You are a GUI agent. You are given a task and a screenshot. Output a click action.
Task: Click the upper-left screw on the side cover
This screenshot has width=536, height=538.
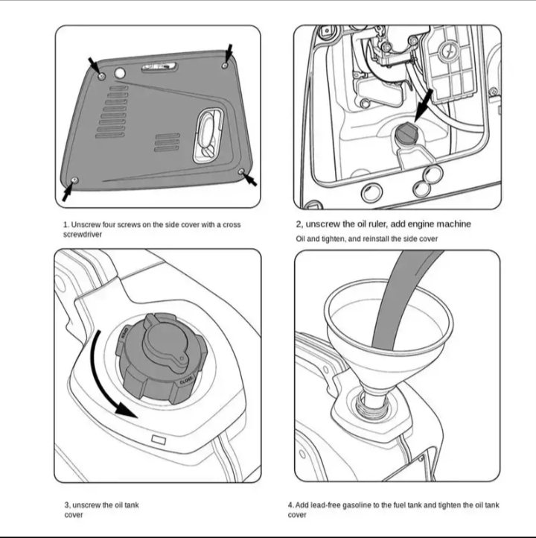pos(100,75)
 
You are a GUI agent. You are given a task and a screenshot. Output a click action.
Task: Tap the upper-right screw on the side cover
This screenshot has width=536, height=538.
pos(225,66)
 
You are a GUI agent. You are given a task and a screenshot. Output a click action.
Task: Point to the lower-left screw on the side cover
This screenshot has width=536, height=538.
pos(75,180)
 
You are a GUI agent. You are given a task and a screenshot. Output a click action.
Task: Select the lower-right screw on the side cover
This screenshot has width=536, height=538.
pos(240,172)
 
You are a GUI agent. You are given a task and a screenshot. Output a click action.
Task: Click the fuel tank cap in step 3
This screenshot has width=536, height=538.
pos(159,357)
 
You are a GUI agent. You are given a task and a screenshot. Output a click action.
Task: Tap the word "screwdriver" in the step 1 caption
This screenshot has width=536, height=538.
pos(83,234)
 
